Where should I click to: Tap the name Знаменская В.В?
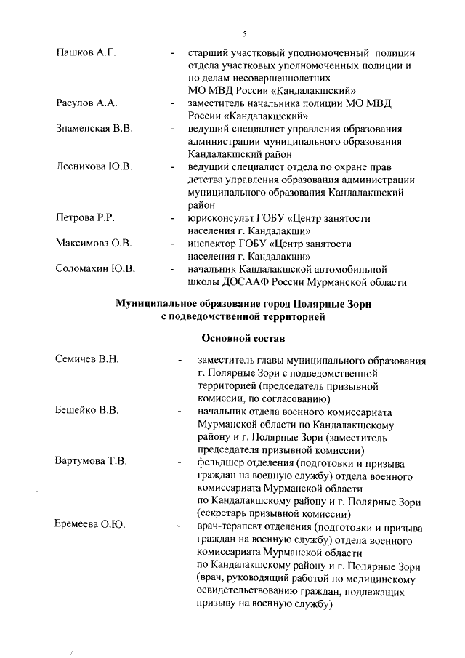(x=94, y=129)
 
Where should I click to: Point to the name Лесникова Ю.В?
(x=94, y=167)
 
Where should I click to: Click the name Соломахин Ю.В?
(x=96, y=268)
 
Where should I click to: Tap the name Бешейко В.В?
(x=87, y=411)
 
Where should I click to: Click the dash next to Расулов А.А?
(x=172, y=104)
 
